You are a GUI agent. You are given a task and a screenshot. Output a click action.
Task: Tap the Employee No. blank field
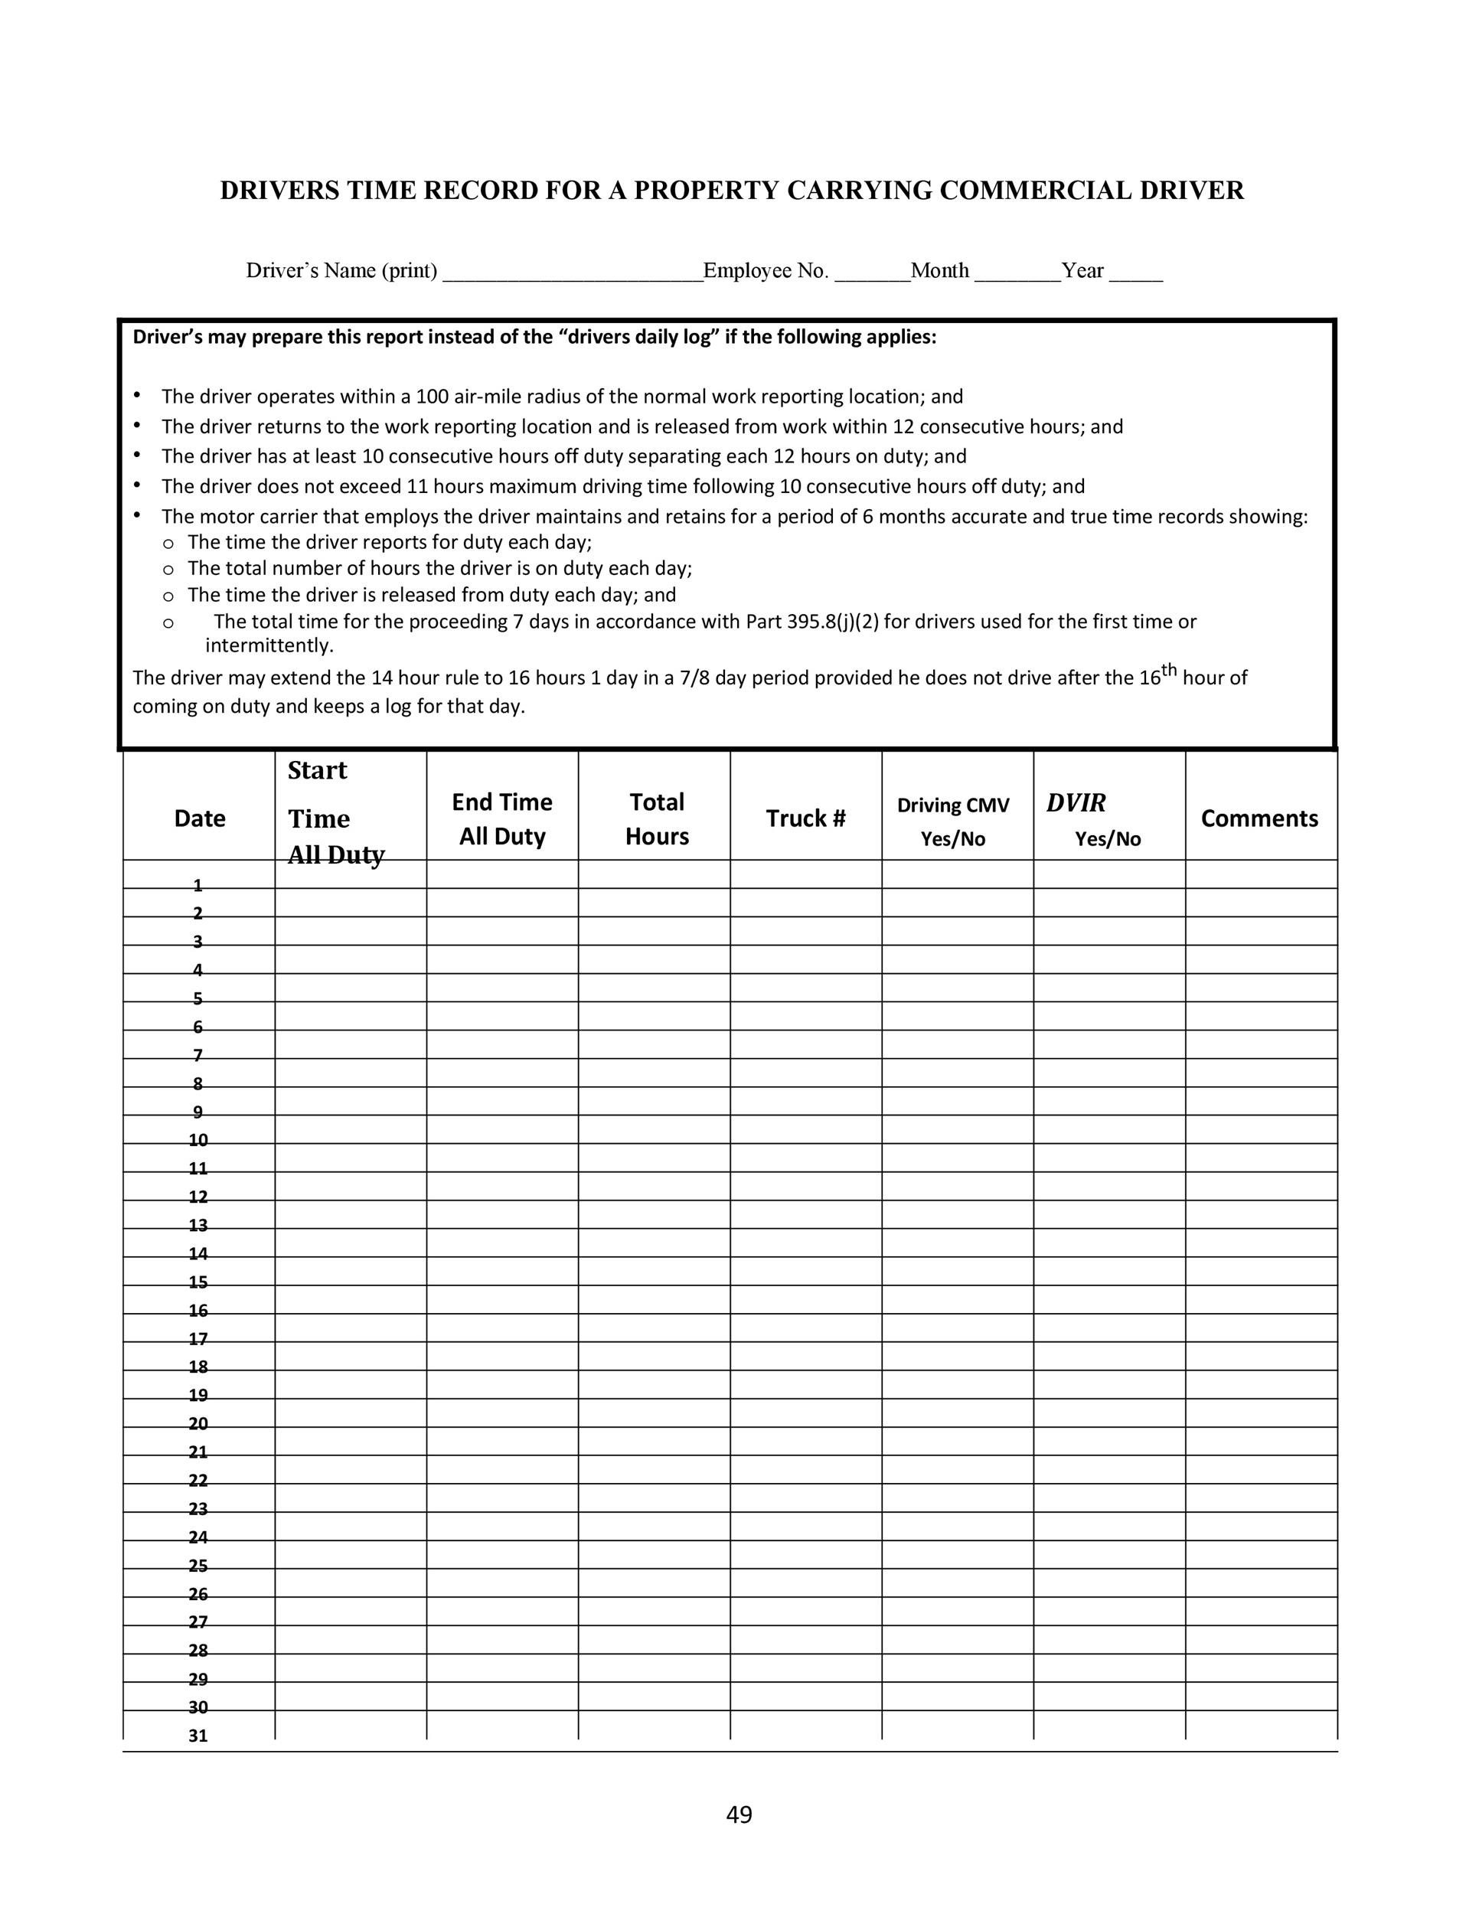click(872, 273)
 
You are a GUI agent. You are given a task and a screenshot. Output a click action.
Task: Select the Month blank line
click(1017, 273)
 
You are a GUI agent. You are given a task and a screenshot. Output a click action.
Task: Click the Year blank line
click(1135, 273)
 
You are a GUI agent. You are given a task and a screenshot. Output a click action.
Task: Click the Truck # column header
click(805, 818)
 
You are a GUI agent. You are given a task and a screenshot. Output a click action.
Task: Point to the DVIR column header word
click(1076, 803)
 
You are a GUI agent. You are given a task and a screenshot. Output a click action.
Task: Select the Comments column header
click(1259, 818)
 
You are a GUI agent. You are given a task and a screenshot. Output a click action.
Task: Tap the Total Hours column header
click(656, 818)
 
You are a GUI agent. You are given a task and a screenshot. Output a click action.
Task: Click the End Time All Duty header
click(502, 818)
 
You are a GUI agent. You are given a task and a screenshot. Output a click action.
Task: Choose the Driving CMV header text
click(952, 805)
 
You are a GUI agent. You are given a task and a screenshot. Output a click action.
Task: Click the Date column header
click(200, 818)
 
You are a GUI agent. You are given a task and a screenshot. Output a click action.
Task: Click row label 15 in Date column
click(198, 1283)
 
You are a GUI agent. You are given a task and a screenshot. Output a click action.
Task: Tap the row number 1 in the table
click(198, 884)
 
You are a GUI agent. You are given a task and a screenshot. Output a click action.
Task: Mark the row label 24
click(198, 1537)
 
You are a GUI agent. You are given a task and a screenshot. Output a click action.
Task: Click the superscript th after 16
click(1169, 671)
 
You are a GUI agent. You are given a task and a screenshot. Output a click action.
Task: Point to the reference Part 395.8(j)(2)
click(812, 622)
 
